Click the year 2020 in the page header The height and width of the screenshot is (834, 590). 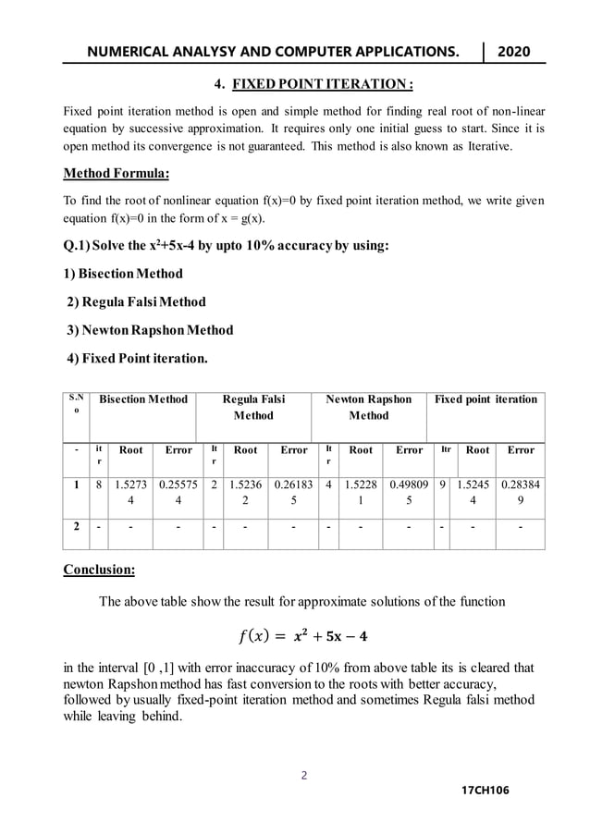pos(514,52)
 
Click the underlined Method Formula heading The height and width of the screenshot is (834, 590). pos(116,173)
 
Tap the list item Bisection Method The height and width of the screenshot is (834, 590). pos(123,274)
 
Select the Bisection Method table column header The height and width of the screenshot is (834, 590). pos(143,399)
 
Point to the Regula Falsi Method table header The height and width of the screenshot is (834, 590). pos(253,408)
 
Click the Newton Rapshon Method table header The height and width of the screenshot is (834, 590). pos(368,408)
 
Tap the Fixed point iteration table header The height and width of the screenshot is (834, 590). pos(486,399)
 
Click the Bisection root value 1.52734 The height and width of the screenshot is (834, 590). pos(130,492)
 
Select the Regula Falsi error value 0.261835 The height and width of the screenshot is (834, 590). pos(293,492)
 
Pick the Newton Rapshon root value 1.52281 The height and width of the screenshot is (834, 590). pos(361,492)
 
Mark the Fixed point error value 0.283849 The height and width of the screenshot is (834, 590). pos(521,492)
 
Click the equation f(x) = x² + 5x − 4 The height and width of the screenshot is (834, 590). pos(301,638)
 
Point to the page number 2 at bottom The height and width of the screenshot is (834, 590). pos(304,775)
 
